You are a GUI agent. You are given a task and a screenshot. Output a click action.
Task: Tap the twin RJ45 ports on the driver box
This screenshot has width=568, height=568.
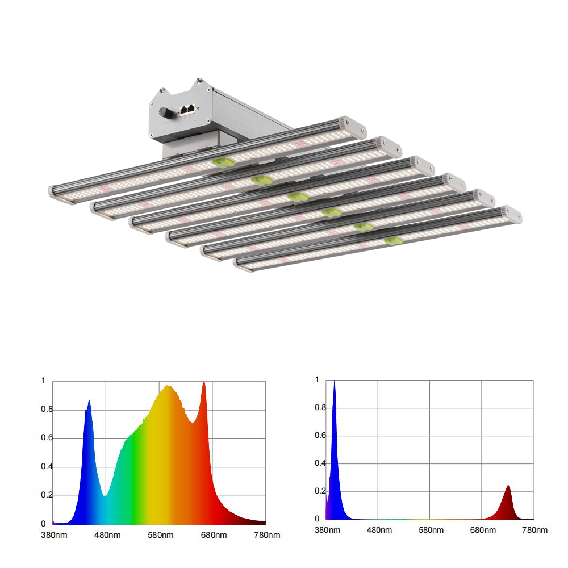tap(187, 108)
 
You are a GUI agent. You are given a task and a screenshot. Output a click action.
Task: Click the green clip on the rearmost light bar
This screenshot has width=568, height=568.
tap(223, 162)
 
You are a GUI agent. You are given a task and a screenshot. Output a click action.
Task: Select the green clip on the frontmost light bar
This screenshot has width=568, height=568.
tap(394, 240)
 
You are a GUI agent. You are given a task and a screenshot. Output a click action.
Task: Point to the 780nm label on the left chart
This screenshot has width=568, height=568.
tap(267, 535)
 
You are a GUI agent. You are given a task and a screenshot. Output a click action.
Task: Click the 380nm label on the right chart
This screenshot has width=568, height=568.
tap(327, 530)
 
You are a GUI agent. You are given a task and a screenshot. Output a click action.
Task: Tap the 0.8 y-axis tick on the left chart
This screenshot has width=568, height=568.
tap(47, 410)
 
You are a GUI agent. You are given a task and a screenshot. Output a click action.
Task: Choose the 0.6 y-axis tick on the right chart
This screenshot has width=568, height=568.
tap(320, 435)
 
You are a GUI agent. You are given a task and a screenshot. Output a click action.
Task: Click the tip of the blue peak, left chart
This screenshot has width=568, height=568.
tap(89, 401)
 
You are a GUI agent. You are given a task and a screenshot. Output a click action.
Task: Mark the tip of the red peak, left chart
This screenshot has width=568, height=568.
tap(203, 382)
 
